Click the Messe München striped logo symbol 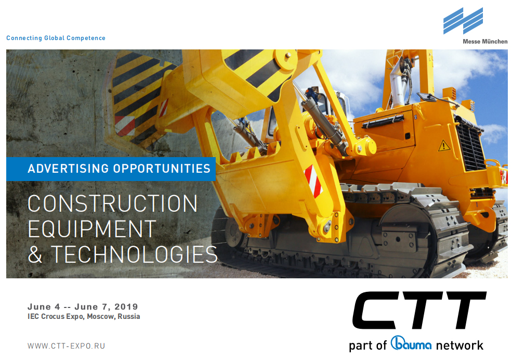[463, 21]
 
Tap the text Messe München [485, 42]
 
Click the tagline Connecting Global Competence [56, 38]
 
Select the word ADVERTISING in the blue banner [68, 169]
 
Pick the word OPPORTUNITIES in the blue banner [162, 169]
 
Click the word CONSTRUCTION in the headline [113, 203]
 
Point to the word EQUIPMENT [92, 229]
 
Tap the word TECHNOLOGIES [134, 254]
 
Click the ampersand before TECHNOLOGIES [35, 254]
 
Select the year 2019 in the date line [126, 306]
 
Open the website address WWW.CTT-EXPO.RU [67, 346]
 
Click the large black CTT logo [419, 310]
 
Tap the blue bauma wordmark [411, 343]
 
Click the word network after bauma [460, 345]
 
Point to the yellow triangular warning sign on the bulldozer [444, 146]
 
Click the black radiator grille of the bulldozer [470, 147]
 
